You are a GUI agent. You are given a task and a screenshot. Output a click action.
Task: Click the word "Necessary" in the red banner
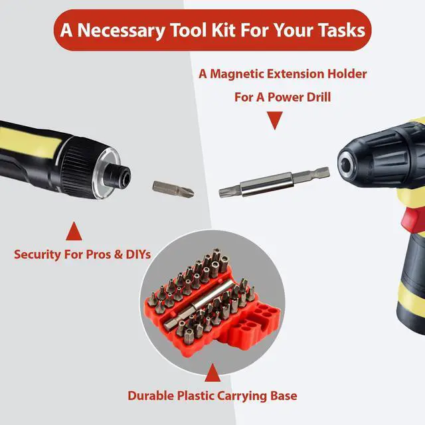(x=121, y=31)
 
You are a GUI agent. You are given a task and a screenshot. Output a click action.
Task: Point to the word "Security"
(x=37, y=255)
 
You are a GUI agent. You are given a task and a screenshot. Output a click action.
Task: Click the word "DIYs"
(x=138, y=254)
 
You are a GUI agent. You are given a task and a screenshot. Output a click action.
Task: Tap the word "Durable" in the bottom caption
(x=151, y=396)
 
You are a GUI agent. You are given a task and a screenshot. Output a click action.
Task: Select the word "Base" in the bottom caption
(x=284, y=396)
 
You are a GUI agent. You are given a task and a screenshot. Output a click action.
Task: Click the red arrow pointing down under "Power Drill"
(x=275, y=120)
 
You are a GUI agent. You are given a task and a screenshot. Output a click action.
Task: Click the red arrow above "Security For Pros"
(x=74, y=231)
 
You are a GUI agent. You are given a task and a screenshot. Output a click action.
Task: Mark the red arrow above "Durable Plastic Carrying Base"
(x=212, y=373)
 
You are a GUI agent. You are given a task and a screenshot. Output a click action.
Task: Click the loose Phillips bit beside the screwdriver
(x=173, y=189)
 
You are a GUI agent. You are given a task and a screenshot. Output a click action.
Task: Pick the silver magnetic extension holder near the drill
(x=274, y=182)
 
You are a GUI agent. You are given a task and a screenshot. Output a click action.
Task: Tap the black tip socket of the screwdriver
(x=118, y=177)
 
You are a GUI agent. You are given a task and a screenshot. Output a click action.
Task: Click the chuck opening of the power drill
(x=345, y=165)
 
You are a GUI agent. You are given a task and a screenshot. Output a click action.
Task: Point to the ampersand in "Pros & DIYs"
(x=118, y=254)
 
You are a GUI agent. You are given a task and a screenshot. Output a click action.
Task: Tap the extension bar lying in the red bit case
(x=199, y=305)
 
